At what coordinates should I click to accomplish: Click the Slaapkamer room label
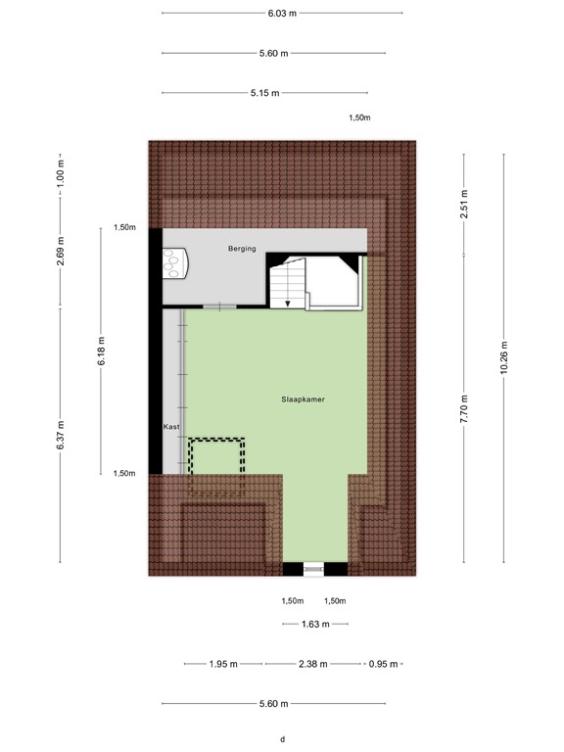[x=303, y=399]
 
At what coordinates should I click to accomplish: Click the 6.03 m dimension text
[x=282, y=13]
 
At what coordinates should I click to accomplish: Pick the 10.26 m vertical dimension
[x=503, y=357]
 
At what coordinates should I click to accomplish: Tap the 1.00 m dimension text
[x=61, y=175]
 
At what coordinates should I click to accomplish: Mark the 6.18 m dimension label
[x=101, y=350]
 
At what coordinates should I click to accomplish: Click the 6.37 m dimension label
[x=61, y=436]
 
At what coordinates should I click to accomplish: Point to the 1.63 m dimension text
[x=314, y=624]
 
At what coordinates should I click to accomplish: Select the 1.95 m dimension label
[x=223, y=664]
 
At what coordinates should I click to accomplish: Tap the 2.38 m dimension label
[x=314, y=664]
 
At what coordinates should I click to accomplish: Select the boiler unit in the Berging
[x=176, y=262]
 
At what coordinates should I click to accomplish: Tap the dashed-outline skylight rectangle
[x=216, y=468]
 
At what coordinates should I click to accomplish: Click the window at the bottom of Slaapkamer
[x=314, y=568]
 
